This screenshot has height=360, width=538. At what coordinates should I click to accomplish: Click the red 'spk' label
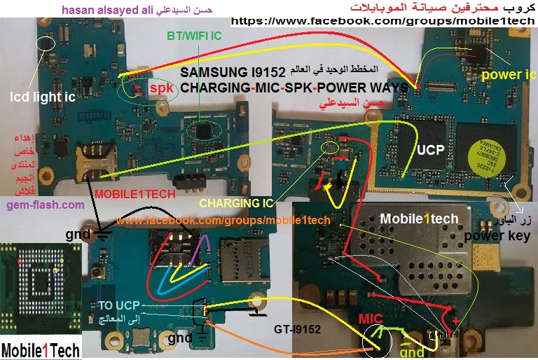pyautogui.click(x=161, y=89)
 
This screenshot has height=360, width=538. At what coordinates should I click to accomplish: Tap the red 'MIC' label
pyautogui.click(x=371, y=319)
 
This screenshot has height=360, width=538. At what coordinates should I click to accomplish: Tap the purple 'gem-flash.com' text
pyautogui.click(x=45, y=205)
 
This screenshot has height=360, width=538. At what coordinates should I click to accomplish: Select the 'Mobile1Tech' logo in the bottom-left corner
pyautogui.click(x=40, y=349)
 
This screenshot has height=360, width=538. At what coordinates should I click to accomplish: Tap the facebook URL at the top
pyautogui.click(x=382, y=21)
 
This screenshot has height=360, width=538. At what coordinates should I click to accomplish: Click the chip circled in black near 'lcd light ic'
pyautogui.click(x=46, y=44)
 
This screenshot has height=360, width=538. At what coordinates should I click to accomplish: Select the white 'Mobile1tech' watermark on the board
pyautogui.click(x=419, y=219)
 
